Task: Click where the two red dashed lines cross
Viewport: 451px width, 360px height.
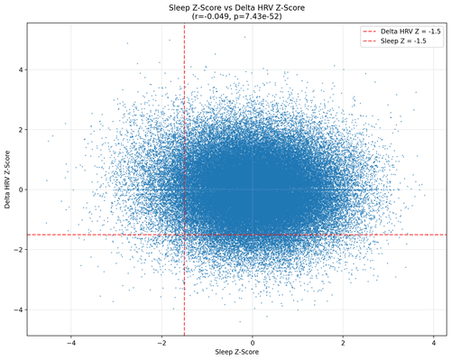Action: [184, 235]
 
